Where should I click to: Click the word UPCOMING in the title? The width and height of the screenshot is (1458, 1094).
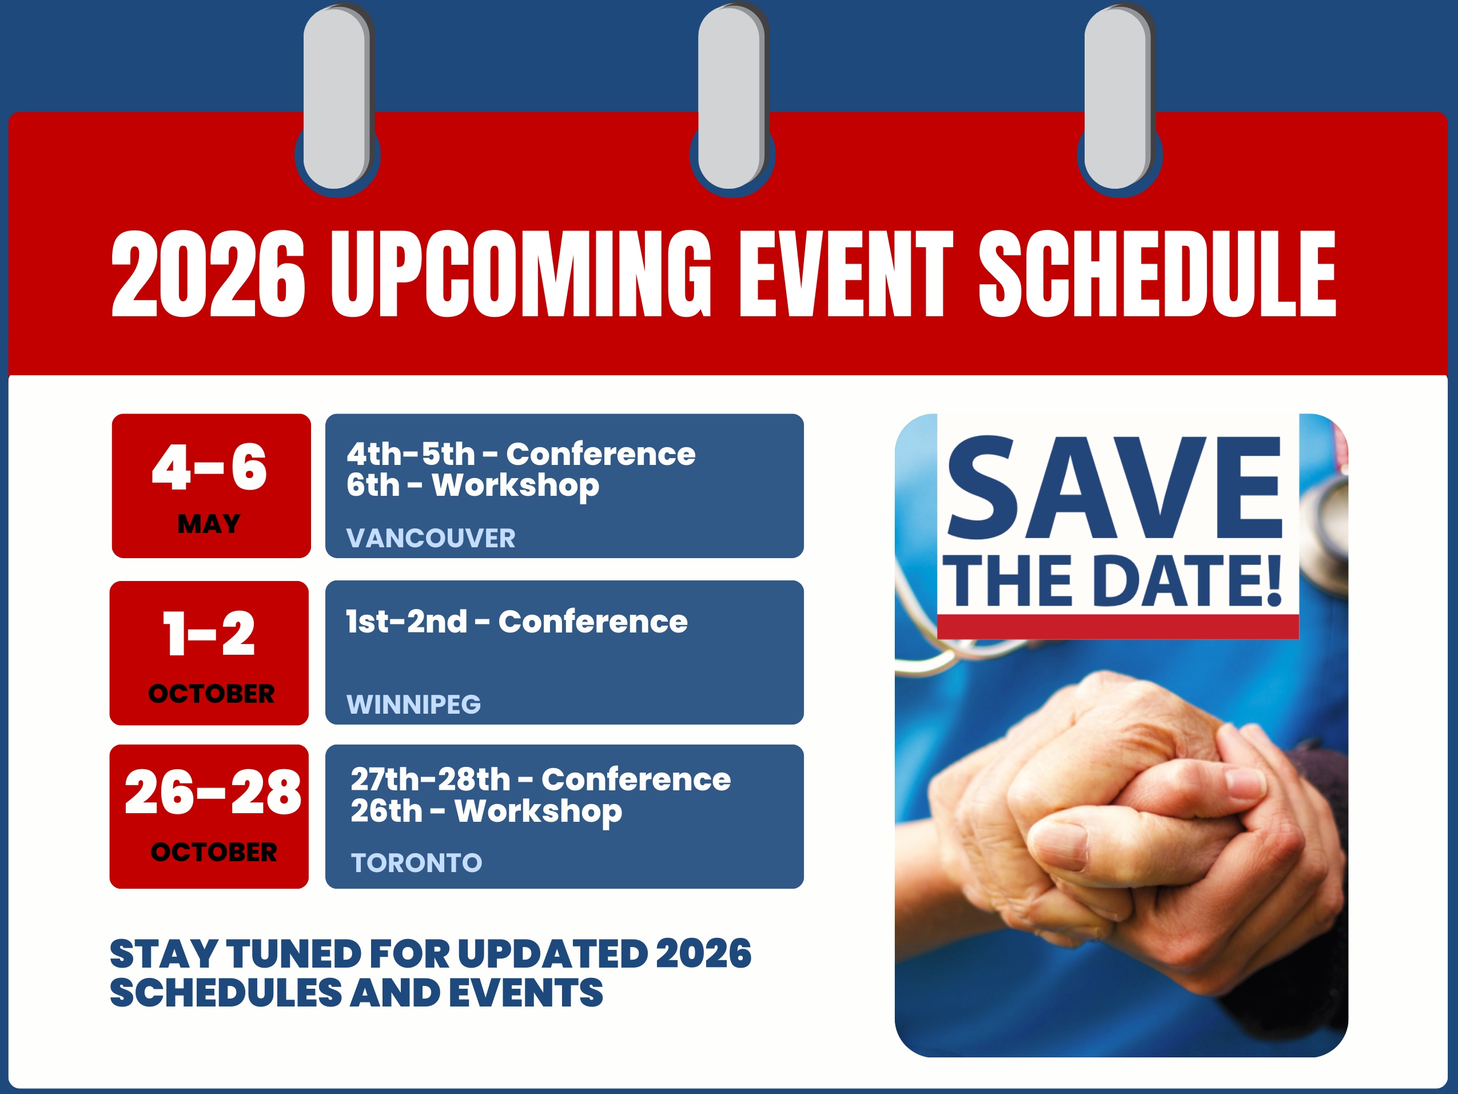521,273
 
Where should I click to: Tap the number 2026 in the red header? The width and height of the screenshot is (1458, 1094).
208,273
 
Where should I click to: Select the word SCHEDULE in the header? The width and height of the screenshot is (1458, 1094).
1157,273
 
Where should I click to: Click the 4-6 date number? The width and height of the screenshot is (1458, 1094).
210,467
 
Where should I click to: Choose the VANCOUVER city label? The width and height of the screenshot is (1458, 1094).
431,538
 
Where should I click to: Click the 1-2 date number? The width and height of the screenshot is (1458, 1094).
209,633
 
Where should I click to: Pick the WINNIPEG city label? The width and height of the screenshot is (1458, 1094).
414,705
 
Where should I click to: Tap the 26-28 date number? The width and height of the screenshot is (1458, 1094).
213,792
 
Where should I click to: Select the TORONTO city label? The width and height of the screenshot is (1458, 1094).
417,862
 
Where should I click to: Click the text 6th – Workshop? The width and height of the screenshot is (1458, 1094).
473,486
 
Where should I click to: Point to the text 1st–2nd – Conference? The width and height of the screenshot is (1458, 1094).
517,621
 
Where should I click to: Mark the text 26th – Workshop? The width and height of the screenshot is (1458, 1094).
487,811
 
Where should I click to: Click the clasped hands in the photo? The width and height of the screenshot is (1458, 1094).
1134,831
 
